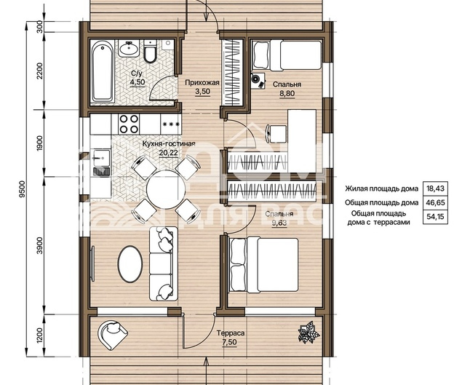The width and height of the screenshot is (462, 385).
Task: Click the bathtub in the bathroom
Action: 103,71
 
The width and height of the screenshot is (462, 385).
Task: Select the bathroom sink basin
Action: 129,48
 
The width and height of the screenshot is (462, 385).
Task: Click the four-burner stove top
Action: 129,124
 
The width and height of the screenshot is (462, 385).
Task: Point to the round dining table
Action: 167,189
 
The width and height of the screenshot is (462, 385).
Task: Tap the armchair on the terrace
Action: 112,334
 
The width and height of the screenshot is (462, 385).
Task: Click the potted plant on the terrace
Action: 308,333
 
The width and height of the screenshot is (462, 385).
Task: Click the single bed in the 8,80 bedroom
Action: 287,55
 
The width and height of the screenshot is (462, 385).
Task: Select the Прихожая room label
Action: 202,83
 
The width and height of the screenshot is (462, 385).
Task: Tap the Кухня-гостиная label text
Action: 169,144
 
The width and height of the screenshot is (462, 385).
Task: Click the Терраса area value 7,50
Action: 231,342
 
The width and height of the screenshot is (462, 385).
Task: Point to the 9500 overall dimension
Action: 23,189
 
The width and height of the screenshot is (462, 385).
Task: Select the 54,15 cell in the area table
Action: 435,217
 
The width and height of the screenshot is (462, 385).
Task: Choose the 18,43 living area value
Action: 435,188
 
